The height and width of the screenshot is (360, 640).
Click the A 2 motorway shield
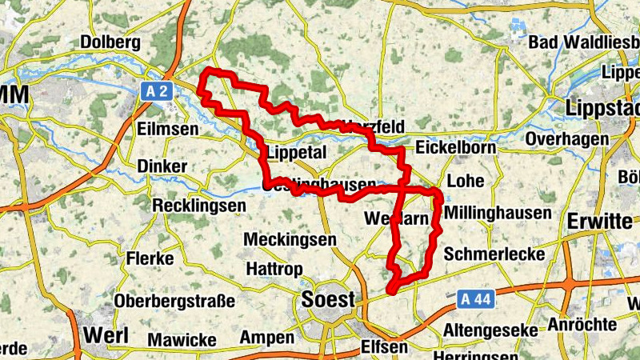tap(158, 92)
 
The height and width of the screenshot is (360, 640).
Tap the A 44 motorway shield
tap(478, 299)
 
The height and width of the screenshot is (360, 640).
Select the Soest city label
tap(328, 299)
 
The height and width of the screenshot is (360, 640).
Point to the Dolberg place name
tap(110, 42)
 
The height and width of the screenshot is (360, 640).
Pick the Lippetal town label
tap(298, 153)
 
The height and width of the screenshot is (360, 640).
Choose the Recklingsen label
tap(199, 206)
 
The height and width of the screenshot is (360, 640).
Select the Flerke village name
tap(150, 258)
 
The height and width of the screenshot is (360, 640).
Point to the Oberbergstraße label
tap(175, 302)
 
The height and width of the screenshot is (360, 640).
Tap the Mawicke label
tap(182, 340)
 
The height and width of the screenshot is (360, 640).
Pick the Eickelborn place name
tap(456, 148)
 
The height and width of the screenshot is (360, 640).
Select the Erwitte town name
tap(599, 221)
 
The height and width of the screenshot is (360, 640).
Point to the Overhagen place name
tap(568, 139)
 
